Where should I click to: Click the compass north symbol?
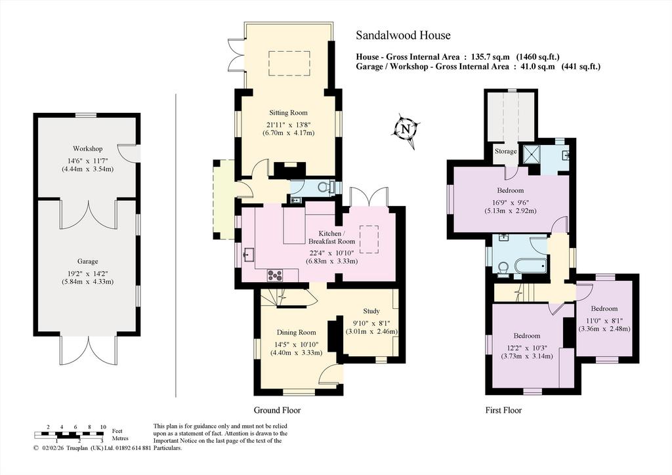point(406,130)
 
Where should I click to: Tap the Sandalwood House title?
point(404,35)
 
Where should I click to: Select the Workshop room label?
point(87,149)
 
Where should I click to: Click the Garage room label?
point(87,261)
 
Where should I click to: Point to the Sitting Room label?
point(289,113)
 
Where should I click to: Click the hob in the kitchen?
point(274,275)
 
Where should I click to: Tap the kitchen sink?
point(247,255)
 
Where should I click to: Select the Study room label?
point(371,311)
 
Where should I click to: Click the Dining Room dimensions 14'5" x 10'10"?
point(296,344)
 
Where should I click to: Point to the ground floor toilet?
point(328,187)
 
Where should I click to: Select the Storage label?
point(506,151)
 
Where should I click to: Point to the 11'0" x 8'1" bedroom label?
point(604,308)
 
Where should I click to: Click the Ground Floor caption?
point(278,410)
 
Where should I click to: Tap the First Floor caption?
point(503,410)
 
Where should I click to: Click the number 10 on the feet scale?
point(103,427)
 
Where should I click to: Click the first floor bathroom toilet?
point(504,268)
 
